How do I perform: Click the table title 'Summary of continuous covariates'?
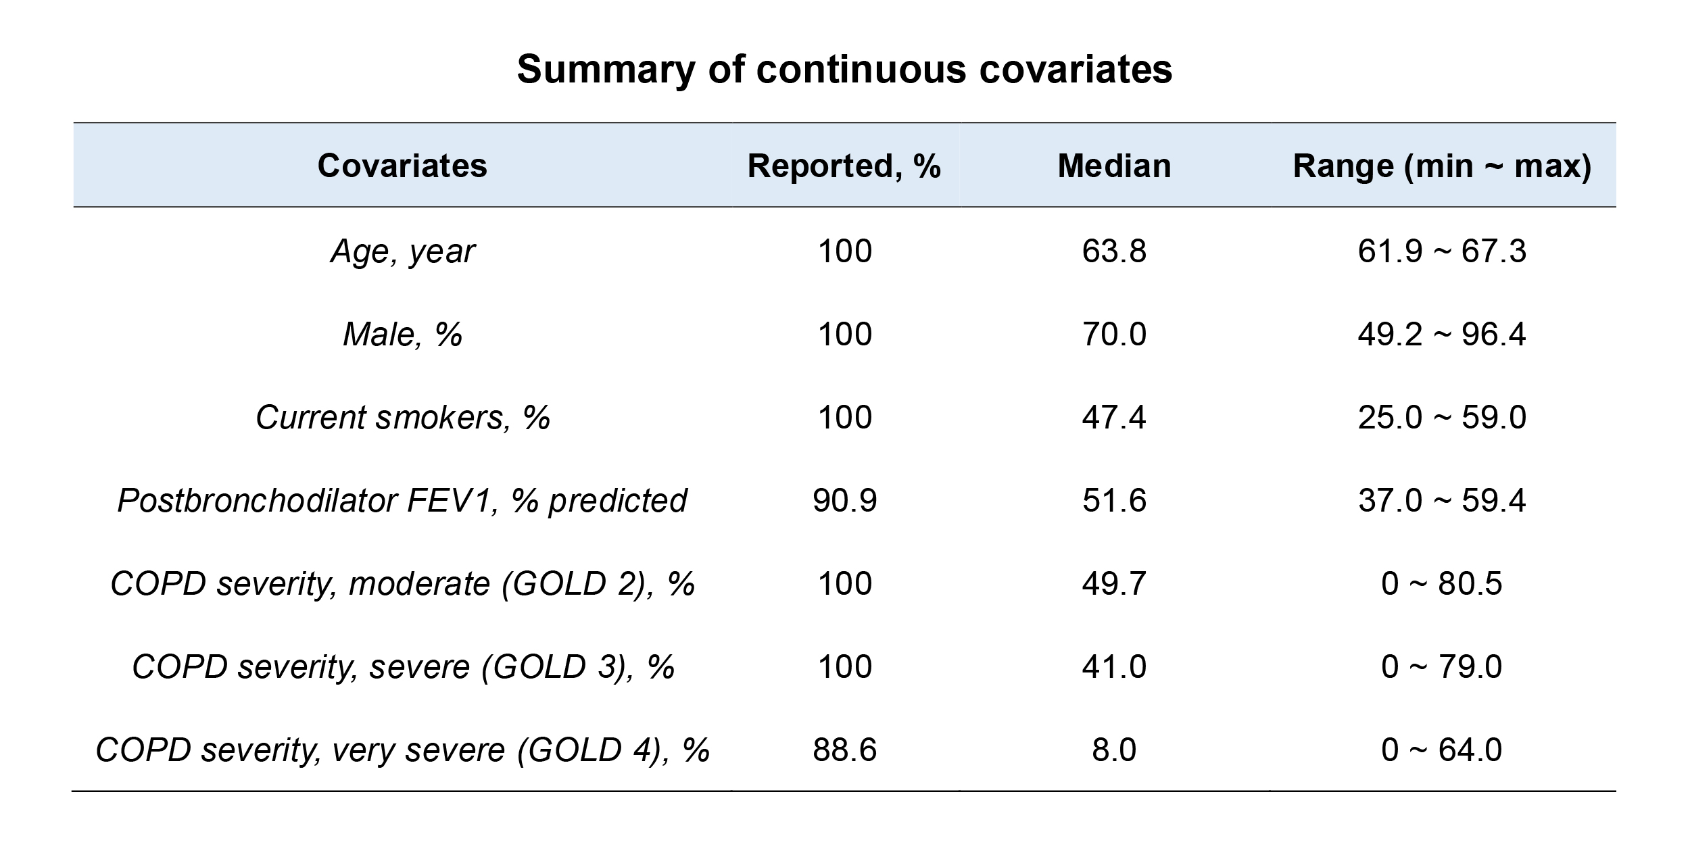pyautogui.click(x=844, y=69)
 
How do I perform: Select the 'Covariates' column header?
pyautogui.click(x=402, y=166)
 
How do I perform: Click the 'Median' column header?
pyautogui.click(x=1114, y=166)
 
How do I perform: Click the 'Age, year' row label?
pyautogui.click(x=402, y=251)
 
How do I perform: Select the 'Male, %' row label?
pyautogui.click(x=402, y=334)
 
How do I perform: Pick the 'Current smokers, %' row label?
pyautogui.click(x=402, y=417)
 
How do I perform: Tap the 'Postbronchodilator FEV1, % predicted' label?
pyautogui.click(x=402, y=501)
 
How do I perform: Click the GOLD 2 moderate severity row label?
pyautogui.click(x=402, y=584)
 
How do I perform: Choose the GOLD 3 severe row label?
pyautogui.click(x=404, y=667)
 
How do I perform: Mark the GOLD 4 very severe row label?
pyautogui.click(x=402, y=750)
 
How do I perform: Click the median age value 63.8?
pyautogui.click(x=1114, y=251)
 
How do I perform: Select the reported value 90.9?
pyautogui.click(x=845, y=501)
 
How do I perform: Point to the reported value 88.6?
pyautogui.click(x=845, y=750)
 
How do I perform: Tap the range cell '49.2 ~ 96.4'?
pyautogui.click(x=1442, y=334)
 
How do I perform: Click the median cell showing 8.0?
pyautogui.click(x=1114, y=750)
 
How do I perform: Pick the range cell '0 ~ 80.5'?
pyautogui.click(x=1442, y=584)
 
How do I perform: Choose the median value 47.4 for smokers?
pyautogui.click(x=1114, y=417)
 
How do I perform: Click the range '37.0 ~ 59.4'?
pyautogui.click(x=1442, y=501)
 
